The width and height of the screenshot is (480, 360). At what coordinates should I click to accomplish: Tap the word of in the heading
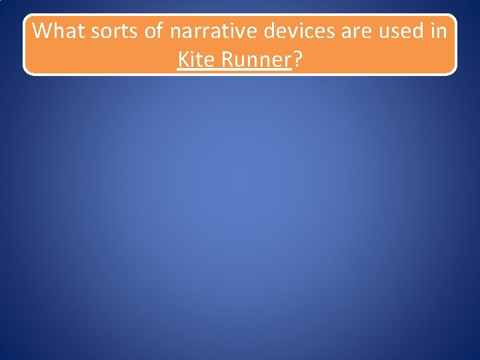coord(154,31)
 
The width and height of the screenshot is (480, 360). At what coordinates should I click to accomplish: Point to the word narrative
coord(213,31)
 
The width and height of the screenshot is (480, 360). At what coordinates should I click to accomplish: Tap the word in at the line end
coord(440,31)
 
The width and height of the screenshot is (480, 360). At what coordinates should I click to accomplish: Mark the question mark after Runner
coord(297,60)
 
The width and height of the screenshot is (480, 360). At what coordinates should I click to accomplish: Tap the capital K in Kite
coord(183,60)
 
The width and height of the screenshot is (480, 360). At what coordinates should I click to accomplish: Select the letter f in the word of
coord(159,30)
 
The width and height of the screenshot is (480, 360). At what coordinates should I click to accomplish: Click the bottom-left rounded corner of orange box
coord(27,71)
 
